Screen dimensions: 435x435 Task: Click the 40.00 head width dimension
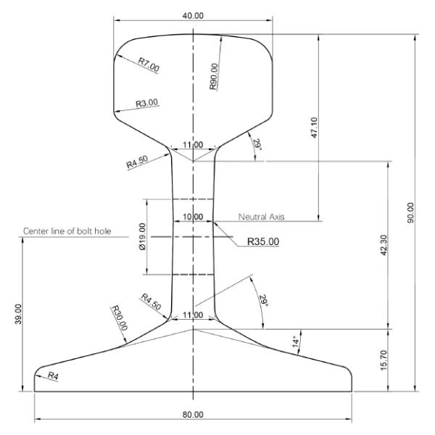pos(193,15)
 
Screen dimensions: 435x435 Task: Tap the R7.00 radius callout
pos(149,65)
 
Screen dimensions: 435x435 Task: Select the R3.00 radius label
pos(146,104)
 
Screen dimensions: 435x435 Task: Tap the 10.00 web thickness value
pos(193,217)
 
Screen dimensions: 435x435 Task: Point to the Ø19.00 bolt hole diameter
pos(143,236)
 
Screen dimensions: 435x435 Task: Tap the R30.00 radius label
pos(120,318)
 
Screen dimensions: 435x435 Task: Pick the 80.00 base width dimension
pos(193,414)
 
